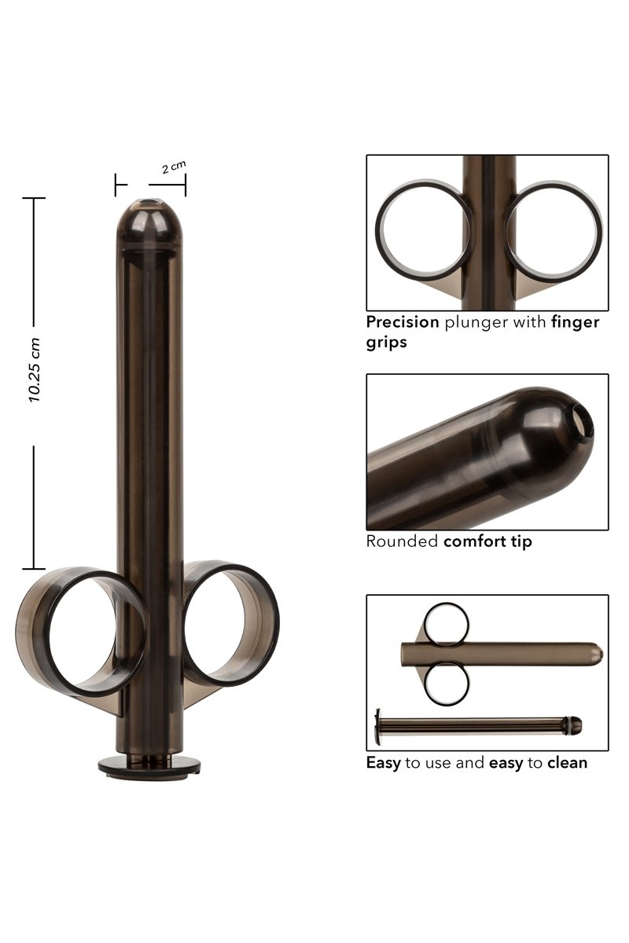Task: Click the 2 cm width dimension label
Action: [x=174, y=167]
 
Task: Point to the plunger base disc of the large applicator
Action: [x=149, y=763]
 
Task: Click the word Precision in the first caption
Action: [x=403, y=322]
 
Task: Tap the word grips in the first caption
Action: [x=386, y=343]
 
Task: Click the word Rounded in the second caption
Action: [x=402, y=541]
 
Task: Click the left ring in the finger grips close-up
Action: [x=424, y=232]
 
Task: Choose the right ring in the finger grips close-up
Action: [x=554, y=232]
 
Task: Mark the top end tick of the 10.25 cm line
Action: [x=33, y=198]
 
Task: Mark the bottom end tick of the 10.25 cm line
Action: [x=33, y=567]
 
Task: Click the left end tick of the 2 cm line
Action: [x=116, y=185]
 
